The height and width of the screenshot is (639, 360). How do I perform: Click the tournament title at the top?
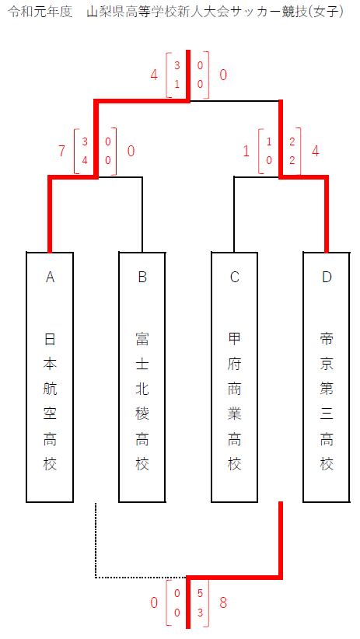click(175, 12)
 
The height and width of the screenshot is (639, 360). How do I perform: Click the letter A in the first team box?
click(50, 277)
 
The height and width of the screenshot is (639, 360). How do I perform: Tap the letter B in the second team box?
click(142, 277)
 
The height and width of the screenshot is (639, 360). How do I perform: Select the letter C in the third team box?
click(234, 277)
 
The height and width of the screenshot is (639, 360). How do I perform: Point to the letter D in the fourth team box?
click(327, 277)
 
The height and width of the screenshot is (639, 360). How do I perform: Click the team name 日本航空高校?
click(50, 401)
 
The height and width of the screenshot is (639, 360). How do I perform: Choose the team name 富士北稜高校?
click(142, 401)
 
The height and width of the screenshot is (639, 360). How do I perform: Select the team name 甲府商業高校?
click(234, 401)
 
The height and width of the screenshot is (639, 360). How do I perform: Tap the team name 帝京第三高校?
click(327, 401)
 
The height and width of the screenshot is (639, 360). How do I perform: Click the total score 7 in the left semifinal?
click(61, 151)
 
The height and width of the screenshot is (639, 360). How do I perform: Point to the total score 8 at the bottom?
click(223, 602)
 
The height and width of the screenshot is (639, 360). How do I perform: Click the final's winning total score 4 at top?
click(154, 75)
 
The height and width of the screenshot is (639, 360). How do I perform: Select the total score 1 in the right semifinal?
click(246, 151)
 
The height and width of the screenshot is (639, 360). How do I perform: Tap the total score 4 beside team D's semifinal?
click(315, 151)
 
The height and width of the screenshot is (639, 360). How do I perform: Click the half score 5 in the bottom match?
click(200, 593)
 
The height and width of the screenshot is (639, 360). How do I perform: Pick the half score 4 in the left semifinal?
click(85, 160)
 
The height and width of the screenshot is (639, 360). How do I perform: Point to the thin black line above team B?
click(142, 214)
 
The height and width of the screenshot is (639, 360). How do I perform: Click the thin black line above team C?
click(234, 214)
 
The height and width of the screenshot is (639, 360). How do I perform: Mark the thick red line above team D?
click(327, 214)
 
